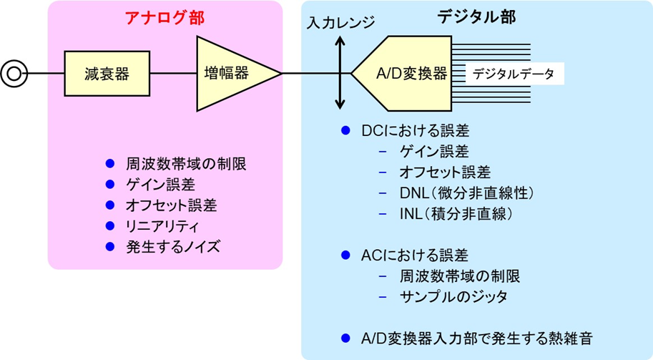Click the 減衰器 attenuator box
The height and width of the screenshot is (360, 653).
coord(107,73)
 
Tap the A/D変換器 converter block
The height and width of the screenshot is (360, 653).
coord(408,74)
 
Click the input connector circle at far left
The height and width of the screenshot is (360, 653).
coord(13,73)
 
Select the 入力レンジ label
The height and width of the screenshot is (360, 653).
coord(340,23)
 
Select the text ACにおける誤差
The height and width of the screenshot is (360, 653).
coord(414,256)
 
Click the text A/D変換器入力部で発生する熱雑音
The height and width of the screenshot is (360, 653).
coord(476,338)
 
